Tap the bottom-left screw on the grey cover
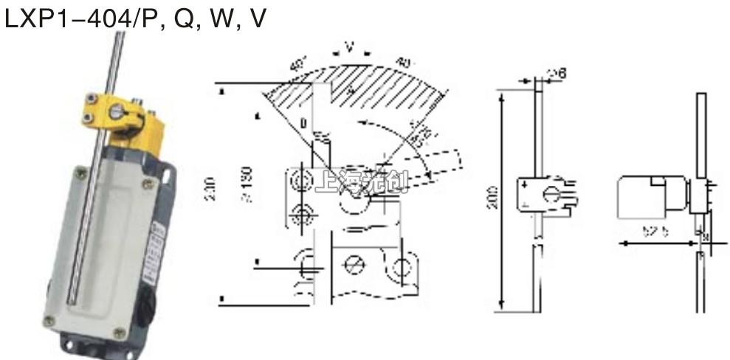[49, 320]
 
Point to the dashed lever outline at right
[435, 166]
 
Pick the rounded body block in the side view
[641, 198]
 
